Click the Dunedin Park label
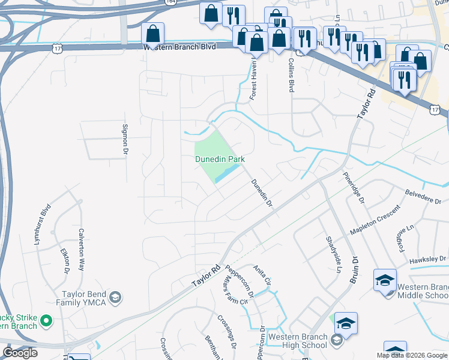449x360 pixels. coord(220,159)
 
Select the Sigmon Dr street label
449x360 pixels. coord(126,138)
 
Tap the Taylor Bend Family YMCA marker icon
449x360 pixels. coord(115,297)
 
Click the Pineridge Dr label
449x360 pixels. coord(354,188)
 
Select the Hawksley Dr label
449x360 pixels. coord(427,260)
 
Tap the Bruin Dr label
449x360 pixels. coord(355,271)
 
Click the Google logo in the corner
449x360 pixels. coord(20,353)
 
